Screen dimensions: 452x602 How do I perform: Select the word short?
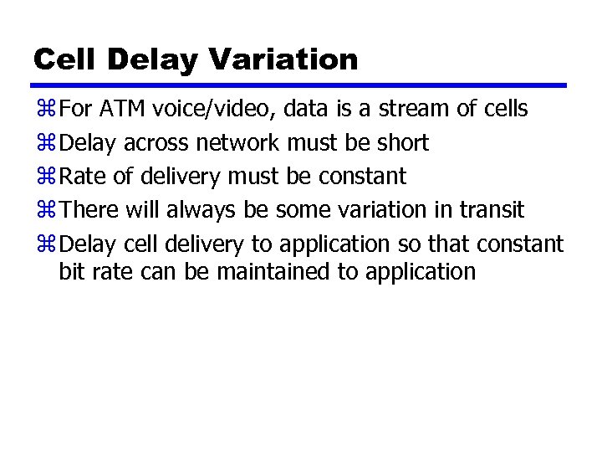(x=403, y=143)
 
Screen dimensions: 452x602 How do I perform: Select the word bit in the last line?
(x=70, y=271)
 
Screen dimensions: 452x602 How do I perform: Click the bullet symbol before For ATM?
(x=45, y=110)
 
